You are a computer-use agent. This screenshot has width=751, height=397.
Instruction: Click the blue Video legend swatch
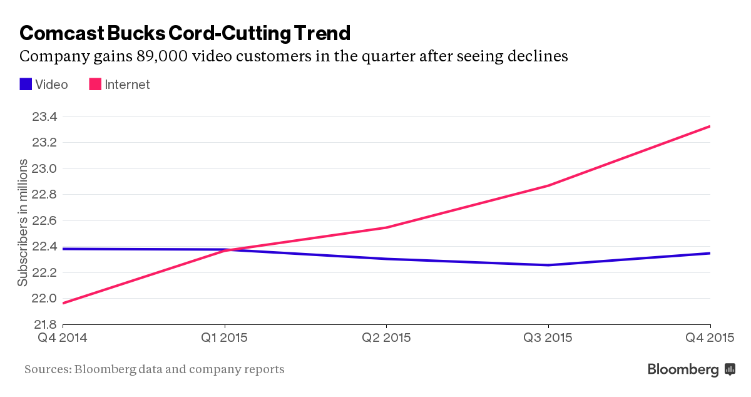click(x=26, y=84)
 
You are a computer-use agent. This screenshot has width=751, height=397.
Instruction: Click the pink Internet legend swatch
click(x=95, y=84)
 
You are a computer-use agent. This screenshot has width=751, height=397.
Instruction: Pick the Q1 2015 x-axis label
click(x=225, y=338)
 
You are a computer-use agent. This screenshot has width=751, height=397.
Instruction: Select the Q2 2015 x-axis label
click(x=386, y=338)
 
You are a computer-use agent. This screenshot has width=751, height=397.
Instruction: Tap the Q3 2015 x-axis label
click(x=548, y=338)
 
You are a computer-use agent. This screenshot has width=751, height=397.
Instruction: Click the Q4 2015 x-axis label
click(x=710, y=338)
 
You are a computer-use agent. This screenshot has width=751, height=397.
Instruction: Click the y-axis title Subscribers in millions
click(x=23, y=222)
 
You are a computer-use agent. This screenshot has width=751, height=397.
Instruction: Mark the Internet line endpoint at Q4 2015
click(x=710, y=126)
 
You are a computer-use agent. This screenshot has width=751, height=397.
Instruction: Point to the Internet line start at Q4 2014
click(x=63, y=303)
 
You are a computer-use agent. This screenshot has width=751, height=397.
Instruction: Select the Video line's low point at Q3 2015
click(x=548, y=265)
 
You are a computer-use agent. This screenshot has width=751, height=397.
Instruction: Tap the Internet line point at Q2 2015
click(x=386, y=227)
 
